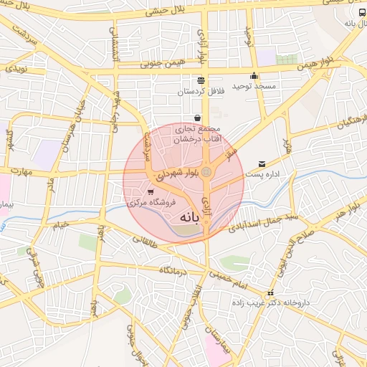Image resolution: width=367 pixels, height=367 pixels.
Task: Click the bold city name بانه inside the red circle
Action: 188,216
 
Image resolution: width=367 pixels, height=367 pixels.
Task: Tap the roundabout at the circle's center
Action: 206,172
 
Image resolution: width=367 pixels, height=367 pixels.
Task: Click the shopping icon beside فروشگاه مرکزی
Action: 151,191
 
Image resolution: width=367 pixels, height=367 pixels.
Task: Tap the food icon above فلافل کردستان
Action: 200,80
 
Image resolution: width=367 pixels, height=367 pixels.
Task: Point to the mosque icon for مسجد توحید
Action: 254,77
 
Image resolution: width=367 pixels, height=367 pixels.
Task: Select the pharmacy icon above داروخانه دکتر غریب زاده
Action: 270,294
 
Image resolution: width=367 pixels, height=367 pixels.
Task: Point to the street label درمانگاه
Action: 173,270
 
